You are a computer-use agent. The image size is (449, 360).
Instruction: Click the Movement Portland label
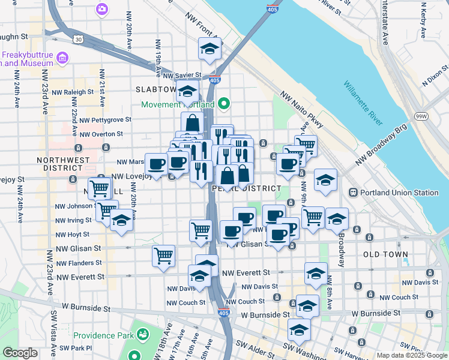(x=178, y=104)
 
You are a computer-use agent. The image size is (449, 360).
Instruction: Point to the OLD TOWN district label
(x=385, y=254)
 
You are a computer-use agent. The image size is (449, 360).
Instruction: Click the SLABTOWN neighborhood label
(x=155, y=89)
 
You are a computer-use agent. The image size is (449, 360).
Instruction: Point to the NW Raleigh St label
(x=73, y=92)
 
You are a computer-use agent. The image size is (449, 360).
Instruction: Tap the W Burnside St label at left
(x=81, y=308)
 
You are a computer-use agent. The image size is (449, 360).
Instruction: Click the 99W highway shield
(x=422, y=115)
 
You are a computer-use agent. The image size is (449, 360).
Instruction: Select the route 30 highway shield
(x=79, y=39)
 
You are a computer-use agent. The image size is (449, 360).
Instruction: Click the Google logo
(x=20, y=353)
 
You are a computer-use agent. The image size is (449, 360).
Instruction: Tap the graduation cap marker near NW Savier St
(x=188, y=92)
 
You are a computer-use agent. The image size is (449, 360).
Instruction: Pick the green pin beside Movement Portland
(x=223, y=104)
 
